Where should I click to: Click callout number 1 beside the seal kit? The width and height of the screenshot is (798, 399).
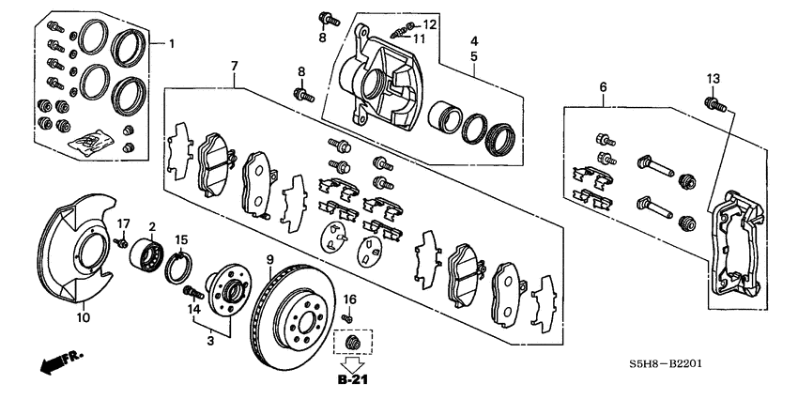coord(172,43)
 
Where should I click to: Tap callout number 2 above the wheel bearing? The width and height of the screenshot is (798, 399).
coord(152,226)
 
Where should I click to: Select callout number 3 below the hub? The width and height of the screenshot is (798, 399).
coord(210,341)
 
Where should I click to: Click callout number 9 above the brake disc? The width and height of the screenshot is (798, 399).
coord(269,259)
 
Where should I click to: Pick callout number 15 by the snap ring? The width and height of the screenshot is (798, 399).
coord(182,239)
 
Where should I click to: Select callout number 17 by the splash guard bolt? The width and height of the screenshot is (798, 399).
coord(122,223)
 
